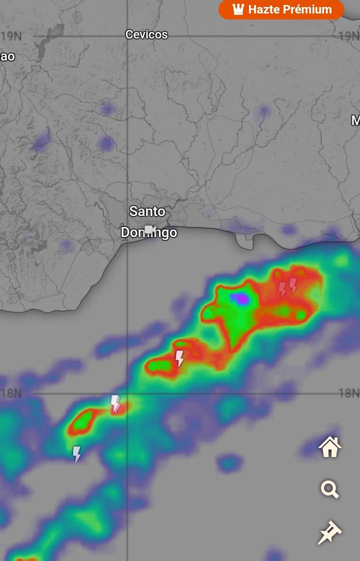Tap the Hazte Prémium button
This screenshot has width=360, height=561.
click(281, 9)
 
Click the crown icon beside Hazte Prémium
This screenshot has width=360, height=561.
click(238, 9)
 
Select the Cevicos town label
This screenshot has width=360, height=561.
click(146, 34)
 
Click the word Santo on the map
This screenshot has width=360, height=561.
click(147, 211)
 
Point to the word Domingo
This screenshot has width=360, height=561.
click(149, 233)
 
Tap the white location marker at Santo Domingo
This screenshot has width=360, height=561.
click(149, 229)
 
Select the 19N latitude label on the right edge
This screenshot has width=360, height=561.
click(349, 36)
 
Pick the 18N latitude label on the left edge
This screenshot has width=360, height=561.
click(11, 393)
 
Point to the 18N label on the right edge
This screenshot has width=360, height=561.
click(349, 393)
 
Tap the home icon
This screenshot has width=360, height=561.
click(330, 446)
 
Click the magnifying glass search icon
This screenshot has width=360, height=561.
click(330, 489)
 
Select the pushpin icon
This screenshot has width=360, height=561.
click(330, 532)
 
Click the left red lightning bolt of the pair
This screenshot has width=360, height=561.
click(282, 289)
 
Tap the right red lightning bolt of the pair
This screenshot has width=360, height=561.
click(293, 285)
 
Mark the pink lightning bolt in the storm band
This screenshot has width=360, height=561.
click(179, 358)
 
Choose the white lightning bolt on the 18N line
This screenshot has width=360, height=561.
click(115, 403)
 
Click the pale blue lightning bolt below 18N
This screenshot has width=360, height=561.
click(76, 453)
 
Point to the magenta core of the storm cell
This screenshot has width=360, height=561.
click(241, 298)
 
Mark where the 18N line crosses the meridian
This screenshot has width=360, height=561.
click(127, 393)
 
